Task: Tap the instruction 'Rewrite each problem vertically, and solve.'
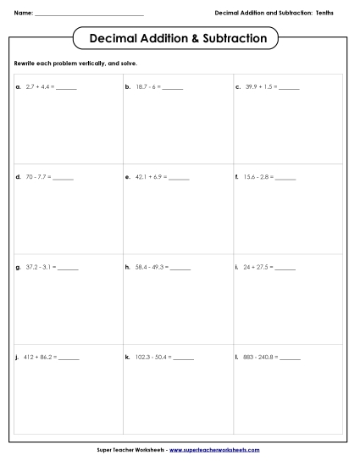click(x=76, y=64)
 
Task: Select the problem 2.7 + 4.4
click(x=41, y=87)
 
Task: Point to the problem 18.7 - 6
click(x=149, y=87)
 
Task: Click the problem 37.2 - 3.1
click(x=42, y=267)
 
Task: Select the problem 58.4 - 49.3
click(x=152, y=267)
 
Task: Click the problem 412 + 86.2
click(x=42, y=357)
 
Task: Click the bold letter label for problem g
click(x=18, y=268)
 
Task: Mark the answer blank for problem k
click(x=184, y=358)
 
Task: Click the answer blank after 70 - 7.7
click(x=64, y=179)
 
